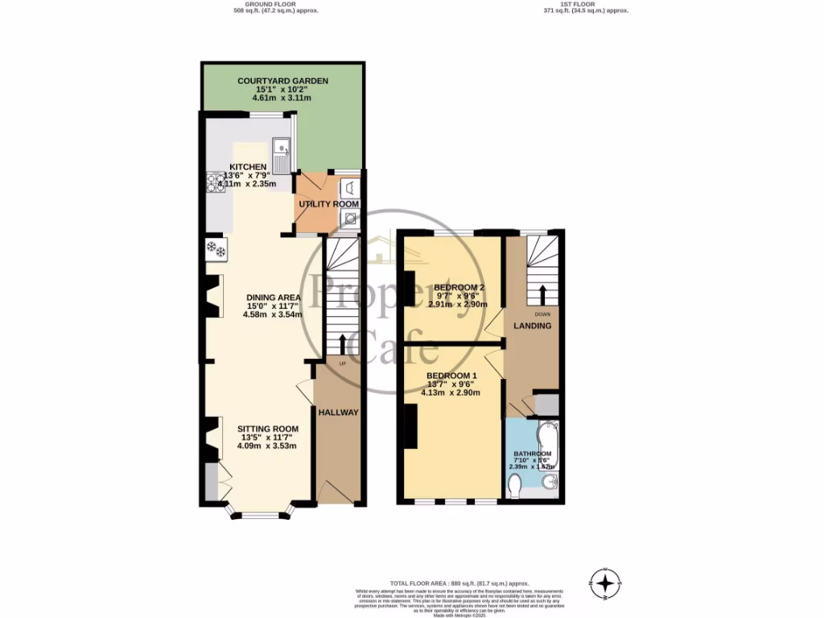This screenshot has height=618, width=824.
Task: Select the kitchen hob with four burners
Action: (x=216, y=185)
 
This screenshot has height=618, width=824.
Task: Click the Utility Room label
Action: (x=328, y=204)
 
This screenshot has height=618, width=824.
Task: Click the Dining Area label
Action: (x=272, y=297)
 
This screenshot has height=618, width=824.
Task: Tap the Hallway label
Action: (x=338, y=412)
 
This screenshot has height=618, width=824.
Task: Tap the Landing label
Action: (x=533, y=326)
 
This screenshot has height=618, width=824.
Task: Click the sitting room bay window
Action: (x=259, y=513)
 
